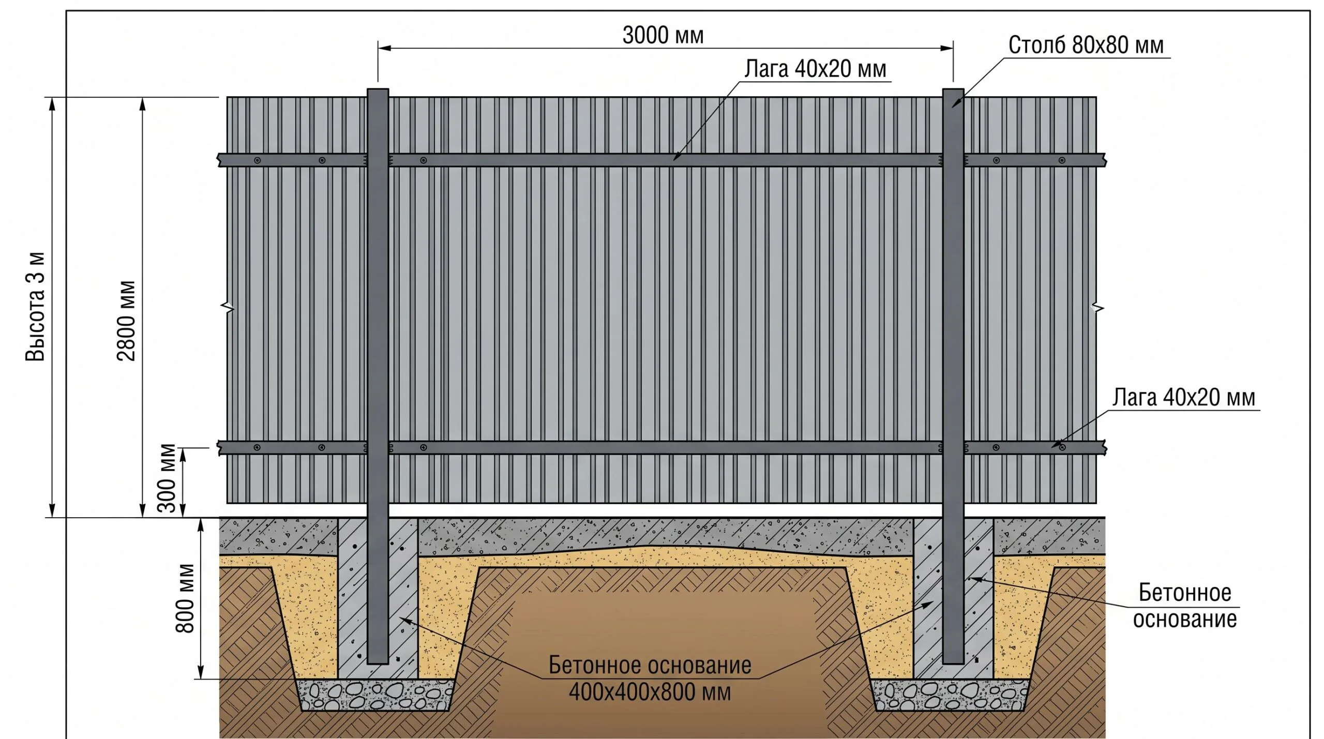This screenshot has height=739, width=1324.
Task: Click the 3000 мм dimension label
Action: (663, 35)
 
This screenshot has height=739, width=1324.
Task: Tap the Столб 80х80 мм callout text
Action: (1086, 46)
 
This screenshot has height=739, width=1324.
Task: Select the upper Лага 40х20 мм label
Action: (815, 69)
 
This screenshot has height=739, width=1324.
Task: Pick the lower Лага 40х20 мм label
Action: (1184, 397)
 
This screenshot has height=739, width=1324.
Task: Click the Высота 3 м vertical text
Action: (36, 306)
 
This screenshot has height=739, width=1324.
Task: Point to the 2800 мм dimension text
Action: (126, 321)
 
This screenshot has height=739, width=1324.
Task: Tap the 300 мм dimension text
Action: (167, 478)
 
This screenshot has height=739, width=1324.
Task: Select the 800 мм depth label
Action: (185, 598)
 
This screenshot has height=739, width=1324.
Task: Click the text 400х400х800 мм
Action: (650, 691)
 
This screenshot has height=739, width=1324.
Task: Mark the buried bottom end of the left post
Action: (378, 662)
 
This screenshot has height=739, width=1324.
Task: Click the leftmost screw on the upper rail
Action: (258, 160)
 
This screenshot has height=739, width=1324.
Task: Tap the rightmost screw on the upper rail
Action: (1062, 160)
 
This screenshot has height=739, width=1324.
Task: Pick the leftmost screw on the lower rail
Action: (258, 447)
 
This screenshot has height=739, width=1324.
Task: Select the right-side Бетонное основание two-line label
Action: (1184, 606)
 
